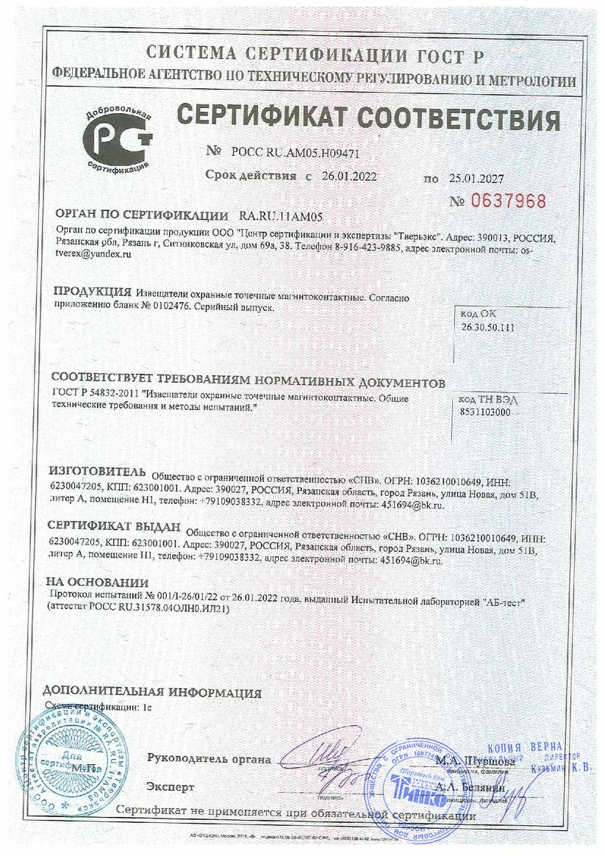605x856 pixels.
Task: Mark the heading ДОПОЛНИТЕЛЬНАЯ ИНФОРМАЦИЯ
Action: pyautogui.click(x=151, y=692)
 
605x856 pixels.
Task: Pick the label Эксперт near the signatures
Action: pyautogui.click(x=171, y=787)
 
